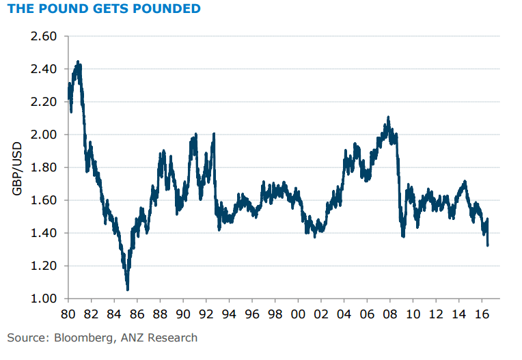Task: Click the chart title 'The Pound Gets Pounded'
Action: (104, 9)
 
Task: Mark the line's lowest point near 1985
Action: (128, 289)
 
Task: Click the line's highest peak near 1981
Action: (78, 62)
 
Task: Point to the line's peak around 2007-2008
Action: (388, 117)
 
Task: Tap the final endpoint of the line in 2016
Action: (488, 245)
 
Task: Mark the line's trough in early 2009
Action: (403, 236)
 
